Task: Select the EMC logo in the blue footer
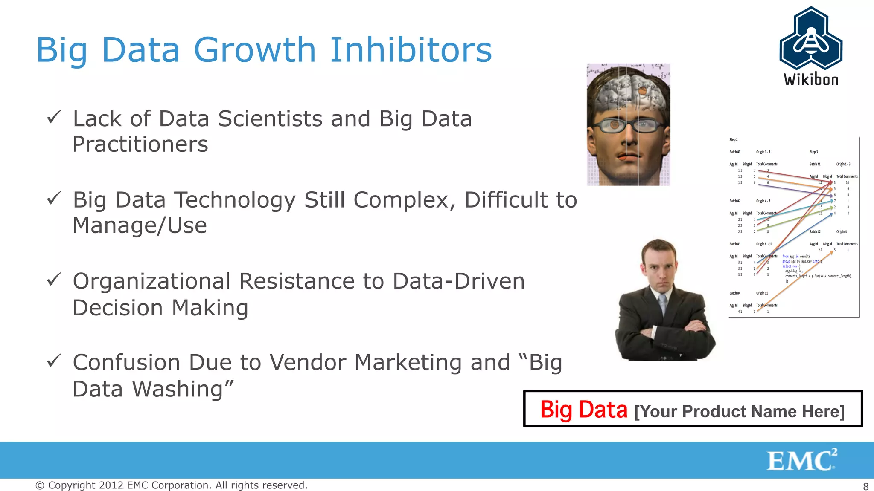(801, 460)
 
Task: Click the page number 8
(866, 486)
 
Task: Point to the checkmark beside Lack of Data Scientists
(54, 117)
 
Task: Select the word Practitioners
(140, 144)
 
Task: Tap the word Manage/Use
(140, 225)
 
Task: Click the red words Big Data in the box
(583, 410)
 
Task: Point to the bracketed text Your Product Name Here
(740, 412)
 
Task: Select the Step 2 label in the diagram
(733, 140)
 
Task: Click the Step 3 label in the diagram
(813, 152)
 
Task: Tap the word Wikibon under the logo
(811, 80)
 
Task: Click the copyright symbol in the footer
(40, 485)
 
